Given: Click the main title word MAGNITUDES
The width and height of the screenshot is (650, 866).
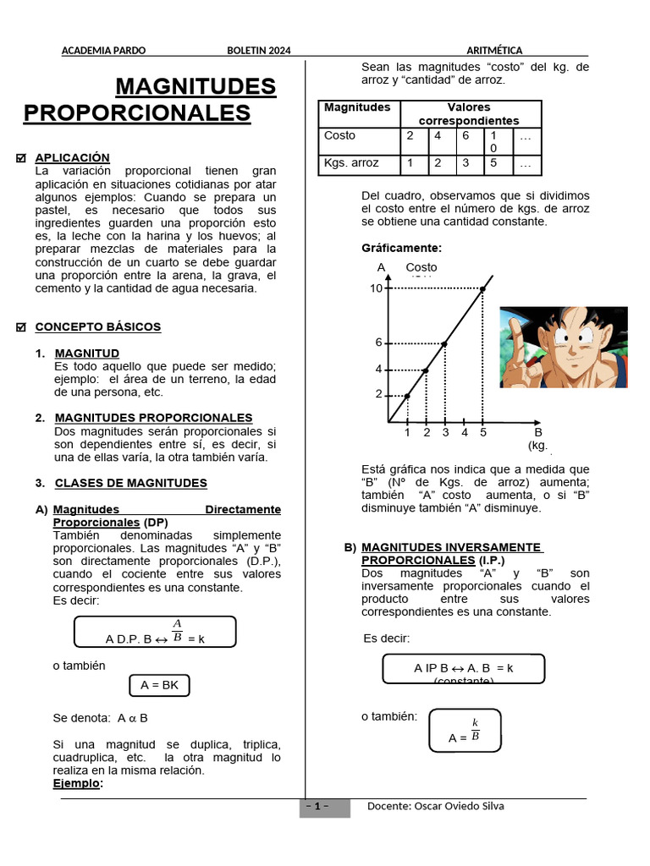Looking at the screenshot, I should tap(196, 86).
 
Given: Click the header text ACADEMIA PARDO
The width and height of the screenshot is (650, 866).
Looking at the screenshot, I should tap(103, 51).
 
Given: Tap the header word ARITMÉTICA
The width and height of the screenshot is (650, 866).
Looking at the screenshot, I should tap(494, 51).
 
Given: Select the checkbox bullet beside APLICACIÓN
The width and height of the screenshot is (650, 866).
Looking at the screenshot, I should tap(22, 158).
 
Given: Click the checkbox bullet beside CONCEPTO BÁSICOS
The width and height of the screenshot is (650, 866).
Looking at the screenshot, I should tap(22, 327).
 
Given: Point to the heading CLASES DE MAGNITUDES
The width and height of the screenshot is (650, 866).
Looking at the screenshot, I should tap(130, 483).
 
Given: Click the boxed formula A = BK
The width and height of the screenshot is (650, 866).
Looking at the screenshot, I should tap(160, 685).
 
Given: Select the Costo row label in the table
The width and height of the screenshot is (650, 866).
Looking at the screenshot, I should tap(340, 135).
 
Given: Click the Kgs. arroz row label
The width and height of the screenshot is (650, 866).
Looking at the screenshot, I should tap(351, 162).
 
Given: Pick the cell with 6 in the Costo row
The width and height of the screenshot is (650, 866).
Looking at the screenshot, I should tap(465, 135).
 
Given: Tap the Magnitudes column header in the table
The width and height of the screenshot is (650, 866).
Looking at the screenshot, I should tap(357, 107).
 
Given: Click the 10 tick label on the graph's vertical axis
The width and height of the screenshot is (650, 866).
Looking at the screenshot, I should tap(376, 288).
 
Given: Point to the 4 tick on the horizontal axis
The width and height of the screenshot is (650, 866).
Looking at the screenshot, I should tap(465, 433).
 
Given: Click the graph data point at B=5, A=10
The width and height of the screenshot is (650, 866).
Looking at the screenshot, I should tap(482, 289).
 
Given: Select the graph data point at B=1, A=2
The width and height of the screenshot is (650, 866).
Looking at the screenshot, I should tap(407, 396).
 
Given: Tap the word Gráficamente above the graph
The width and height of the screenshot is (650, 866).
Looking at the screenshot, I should tap(401, 249).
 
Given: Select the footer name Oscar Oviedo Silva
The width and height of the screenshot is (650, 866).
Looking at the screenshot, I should tap(459, 806).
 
